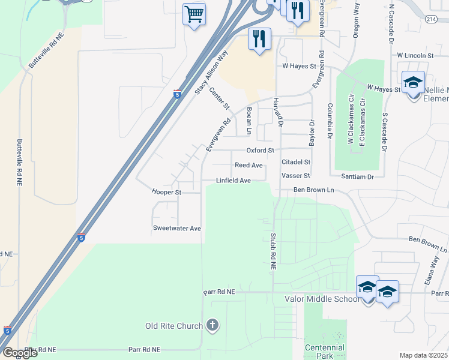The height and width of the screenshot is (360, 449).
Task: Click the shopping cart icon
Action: tap(194, 14)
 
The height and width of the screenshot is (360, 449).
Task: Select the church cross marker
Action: tap(212, 326)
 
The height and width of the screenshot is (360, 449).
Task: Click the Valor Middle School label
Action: tap(321, 299)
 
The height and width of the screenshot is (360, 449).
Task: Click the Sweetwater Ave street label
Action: tap(176, 229)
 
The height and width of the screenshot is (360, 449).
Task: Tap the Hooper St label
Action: tap(166, 193)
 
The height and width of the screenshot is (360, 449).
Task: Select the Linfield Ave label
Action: tap(234, 180)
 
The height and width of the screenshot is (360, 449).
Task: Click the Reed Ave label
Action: tap(249, 165)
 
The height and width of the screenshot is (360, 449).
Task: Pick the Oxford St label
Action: tap(260, 150)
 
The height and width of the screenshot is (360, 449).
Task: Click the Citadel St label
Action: tap(295, 162)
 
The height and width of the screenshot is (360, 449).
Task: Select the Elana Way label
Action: tap(436, 269)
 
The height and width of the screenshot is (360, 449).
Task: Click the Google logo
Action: tap(19, 353)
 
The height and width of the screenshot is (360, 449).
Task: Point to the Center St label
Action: tap(220, 99)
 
